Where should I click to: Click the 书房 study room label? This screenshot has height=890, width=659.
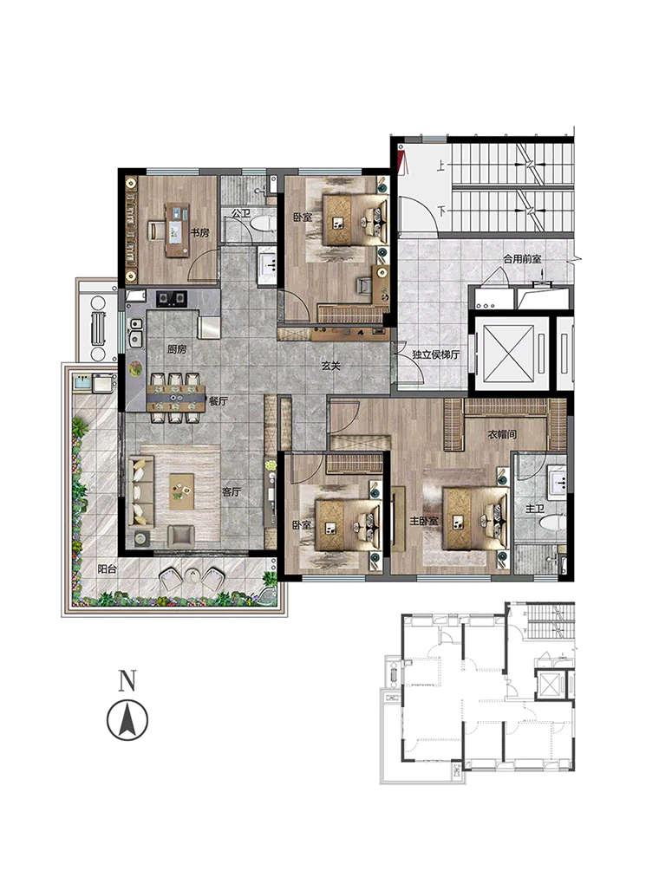pos(199,233)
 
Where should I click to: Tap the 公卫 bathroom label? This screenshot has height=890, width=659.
pos(241,213)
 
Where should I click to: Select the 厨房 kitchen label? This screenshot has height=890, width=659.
pos(177,349)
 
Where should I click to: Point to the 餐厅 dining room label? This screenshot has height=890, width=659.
pos(219,400)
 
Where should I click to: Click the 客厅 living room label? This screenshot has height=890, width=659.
pos(232,491)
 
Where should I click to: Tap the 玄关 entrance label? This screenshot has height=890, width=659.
pos(330,366)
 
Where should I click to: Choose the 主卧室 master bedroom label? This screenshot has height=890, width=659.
pos(424,520)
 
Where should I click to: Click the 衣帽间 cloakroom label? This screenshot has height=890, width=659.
pos(502,435)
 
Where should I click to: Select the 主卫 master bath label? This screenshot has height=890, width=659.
pos(535,509)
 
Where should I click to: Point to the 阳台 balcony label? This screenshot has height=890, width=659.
pos(107,568)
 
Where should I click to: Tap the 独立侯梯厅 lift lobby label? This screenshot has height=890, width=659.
pos(436,354)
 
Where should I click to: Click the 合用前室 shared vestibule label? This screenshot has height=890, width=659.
pos(522,259)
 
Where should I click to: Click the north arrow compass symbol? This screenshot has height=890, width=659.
pos(127,720)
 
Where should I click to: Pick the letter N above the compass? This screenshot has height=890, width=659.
pos(127,680)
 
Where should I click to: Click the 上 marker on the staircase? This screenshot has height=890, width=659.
pos(441,166)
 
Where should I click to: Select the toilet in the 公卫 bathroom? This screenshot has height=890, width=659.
pos(261,223)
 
